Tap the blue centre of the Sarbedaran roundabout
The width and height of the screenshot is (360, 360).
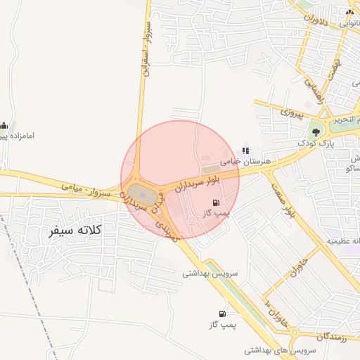[x=141, y=193]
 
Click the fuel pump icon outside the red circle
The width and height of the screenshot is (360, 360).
[x=223, y=314]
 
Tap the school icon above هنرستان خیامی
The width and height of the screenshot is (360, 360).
[x=245, y=150]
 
